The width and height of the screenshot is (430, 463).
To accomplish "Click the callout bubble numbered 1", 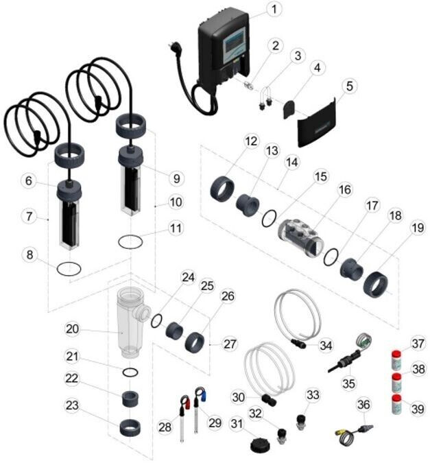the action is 274,9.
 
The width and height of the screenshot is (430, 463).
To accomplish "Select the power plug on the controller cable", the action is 174,49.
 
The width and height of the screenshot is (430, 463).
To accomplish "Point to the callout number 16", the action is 345,189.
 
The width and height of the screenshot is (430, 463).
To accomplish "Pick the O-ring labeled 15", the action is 269,219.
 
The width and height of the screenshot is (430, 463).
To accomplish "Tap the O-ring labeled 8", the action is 69,269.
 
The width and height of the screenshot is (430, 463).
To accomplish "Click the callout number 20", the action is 73,329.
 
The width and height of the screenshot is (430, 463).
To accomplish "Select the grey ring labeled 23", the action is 130,427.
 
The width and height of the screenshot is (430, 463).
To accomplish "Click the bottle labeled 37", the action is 396,360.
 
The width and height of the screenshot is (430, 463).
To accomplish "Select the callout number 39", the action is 417,409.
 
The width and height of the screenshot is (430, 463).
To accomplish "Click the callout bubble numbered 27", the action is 230,344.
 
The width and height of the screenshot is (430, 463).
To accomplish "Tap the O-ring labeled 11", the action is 130,242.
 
